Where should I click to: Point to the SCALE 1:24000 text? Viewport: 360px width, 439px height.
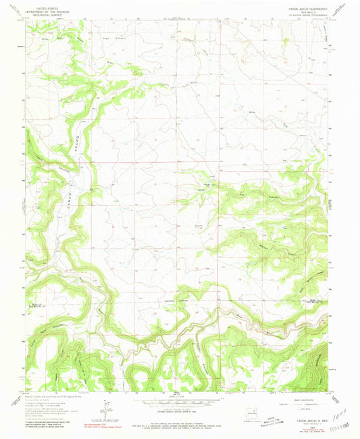coord(177,398)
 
